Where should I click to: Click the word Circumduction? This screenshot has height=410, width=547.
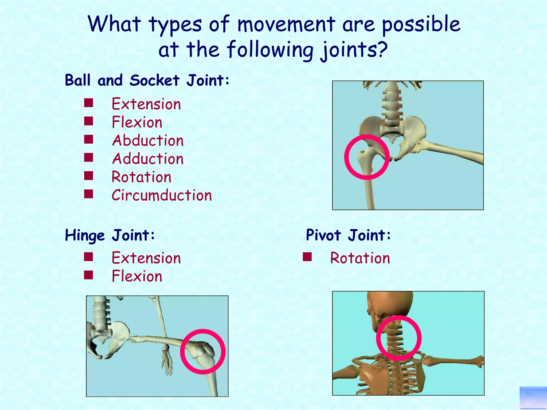tap(162, 195)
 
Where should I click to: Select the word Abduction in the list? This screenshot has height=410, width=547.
tap(148, 140)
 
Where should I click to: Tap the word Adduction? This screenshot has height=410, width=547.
tap(148, 159)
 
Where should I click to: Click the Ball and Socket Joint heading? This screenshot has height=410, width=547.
tap(147, 80)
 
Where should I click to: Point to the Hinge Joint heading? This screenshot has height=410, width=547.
tap(110, 235)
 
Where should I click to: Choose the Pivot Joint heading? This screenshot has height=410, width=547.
tap(348, 235)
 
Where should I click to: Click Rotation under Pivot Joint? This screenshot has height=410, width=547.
tap(360, 258)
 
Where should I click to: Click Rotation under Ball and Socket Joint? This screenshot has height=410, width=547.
tap(141, 177)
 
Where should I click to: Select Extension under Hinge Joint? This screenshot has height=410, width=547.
tap(146, 258)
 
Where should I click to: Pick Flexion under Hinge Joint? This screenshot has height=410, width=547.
tap(137, 276)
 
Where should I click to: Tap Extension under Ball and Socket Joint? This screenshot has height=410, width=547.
tap(146, 104)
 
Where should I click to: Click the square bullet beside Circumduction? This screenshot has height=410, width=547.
tap(88, 194)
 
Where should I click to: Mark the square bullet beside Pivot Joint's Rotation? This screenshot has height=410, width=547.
tap(307, 257)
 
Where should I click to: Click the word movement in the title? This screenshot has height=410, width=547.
tap(286, 24)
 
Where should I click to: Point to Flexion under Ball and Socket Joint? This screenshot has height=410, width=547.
tap(137, 122)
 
